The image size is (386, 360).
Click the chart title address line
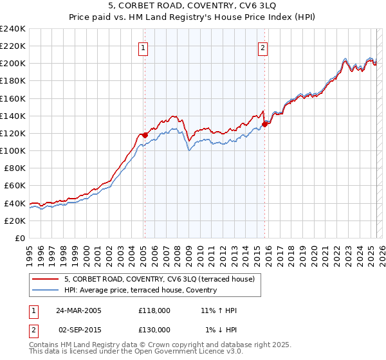click(194, 7)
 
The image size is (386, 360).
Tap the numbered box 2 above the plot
click(263, 47)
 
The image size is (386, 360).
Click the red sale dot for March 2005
click(145, 135)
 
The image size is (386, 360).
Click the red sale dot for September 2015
click(264, 125)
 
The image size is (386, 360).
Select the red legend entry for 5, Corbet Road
click(160, 279)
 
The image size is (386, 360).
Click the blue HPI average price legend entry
click(140, 291)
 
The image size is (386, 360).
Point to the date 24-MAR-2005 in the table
click(78, 310)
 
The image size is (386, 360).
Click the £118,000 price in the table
click(154, 310)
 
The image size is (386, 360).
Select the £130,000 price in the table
click(154, 330)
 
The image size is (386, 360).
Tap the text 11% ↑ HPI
click(219, 310)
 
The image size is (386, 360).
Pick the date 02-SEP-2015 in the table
click(78, 330)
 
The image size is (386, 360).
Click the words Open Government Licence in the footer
click(179, 352)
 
